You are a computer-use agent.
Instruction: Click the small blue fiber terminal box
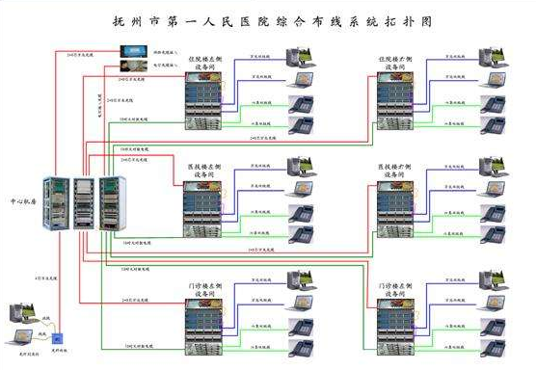pyautogui.click(x=57, y=339)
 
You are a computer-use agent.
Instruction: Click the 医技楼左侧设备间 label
pyautogui.click(x=206, y=171)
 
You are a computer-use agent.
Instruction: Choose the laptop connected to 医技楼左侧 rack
pyautogui.click(x=301, y=214)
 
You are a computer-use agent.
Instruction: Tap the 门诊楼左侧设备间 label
pyautogui.click(x=206, y=290)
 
